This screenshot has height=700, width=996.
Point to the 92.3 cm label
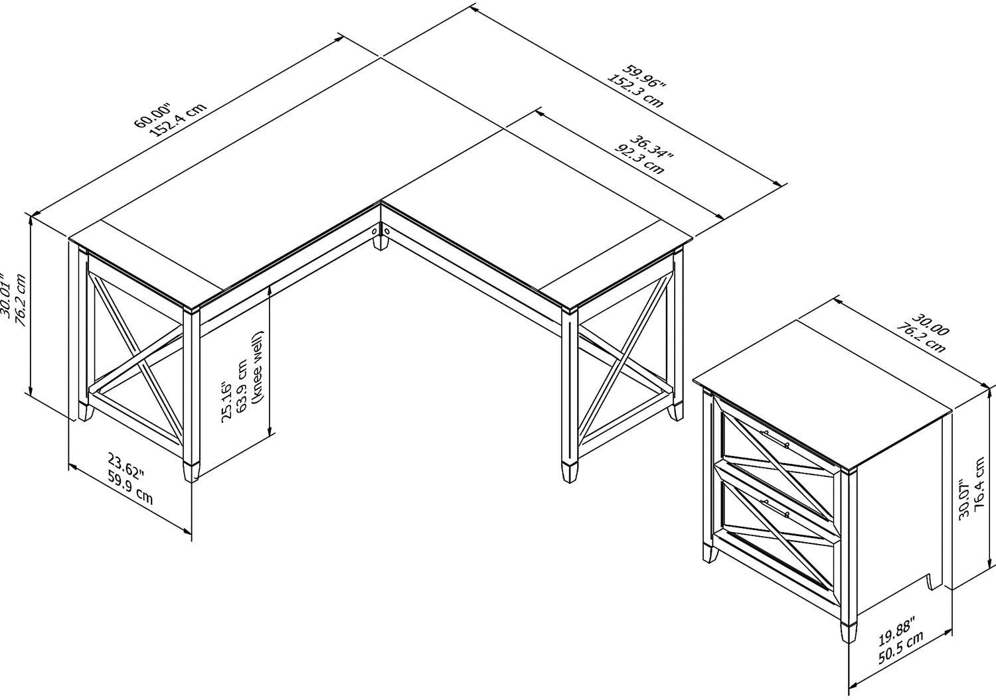[639, 161]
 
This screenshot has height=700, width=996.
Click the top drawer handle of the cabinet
[775, 439]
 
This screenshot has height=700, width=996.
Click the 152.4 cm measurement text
[180, 120]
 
